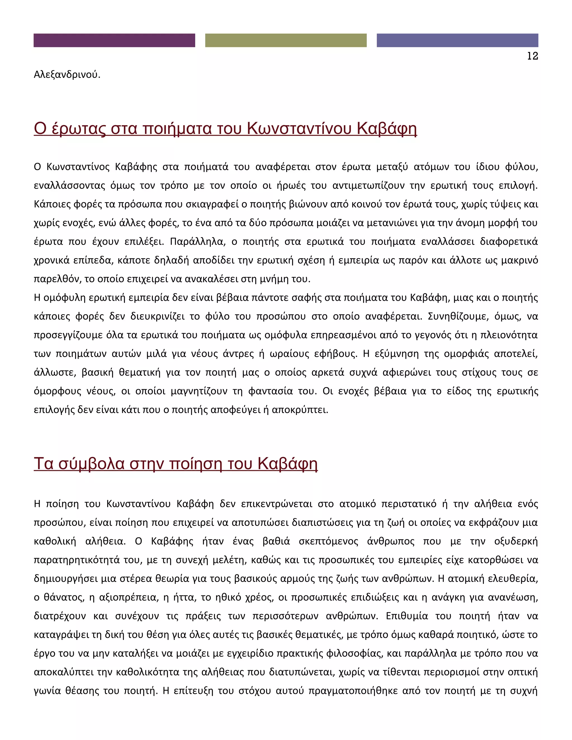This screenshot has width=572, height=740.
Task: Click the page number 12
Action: coord(532,56)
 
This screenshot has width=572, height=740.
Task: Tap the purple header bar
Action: coord(114,40)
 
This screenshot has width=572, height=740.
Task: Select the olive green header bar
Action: coord(286,40)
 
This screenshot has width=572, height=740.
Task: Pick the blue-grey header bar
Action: coord(457,40)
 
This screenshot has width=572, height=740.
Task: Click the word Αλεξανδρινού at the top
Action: coord(67,75)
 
